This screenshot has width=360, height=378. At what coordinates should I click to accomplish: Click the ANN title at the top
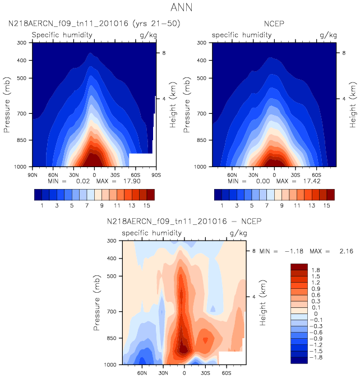coord(179,8)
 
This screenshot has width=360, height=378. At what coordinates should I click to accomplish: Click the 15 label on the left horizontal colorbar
coord(145,206)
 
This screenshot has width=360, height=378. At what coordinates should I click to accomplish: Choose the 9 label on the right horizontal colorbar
coord(283,206)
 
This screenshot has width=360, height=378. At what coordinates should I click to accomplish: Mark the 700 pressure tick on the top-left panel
coord(22,114)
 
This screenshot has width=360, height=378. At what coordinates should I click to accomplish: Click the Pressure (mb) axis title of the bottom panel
coord(99,302)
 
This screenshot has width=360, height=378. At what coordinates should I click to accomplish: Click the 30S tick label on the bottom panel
coord(205,372)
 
